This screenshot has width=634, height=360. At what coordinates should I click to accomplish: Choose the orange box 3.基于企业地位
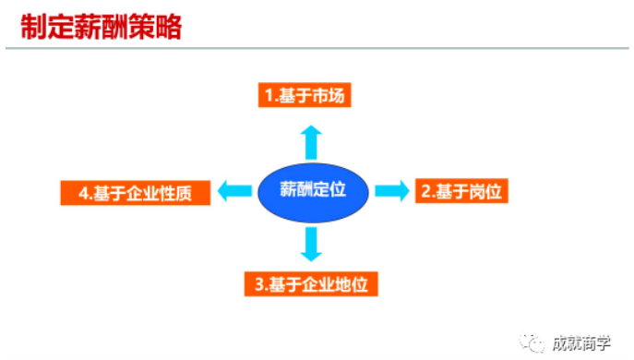coord(311,283)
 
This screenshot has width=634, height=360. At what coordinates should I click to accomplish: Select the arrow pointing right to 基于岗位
coord(391,191)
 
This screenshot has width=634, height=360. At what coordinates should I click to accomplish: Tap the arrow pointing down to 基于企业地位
coord(310,243)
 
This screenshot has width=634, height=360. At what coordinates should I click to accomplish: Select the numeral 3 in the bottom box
coord(259,283)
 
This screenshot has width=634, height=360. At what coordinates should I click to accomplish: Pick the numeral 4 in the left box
coord(83,193)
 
